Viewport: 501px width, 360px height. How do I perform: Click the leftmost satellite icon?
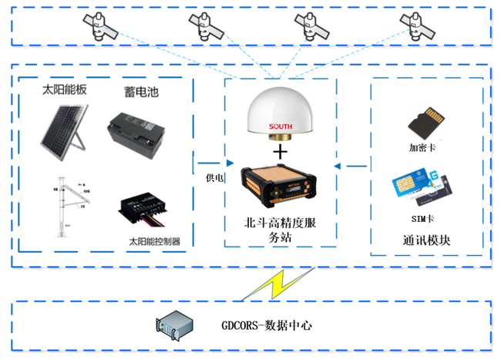[99, 29]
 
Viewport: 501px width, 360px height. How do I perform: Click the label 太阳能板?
[66, 90]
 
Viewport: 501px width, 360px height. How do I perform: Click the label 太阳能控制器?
[154, 241]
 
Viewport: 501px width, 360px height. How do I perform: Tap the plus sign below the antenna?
[281, 151]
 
